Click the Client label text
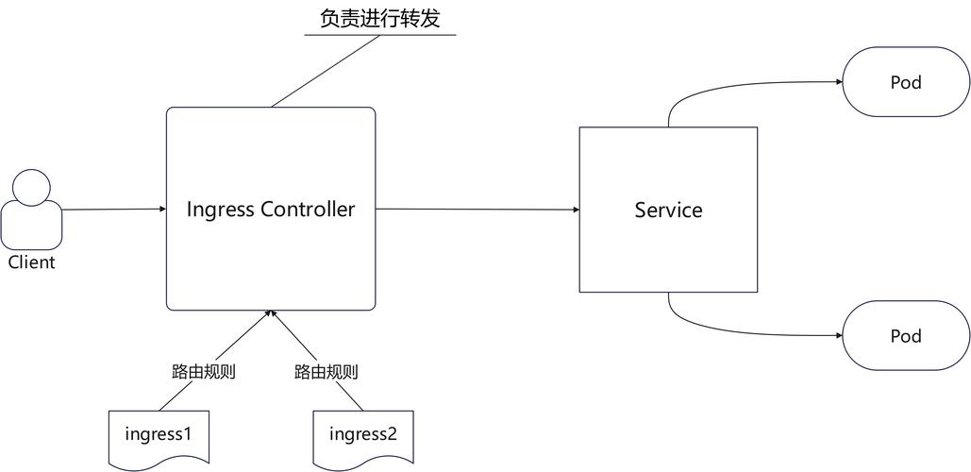pyautogui.click(x=31, y=262)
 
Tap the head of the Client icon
pyautogui.click(x=31, y=188)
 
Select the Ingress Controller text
pyautogui.click(x=270, y=209)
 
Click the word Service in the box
pyautogui.click(x=668, y=210)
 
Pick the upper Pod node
pyautogui.click(x=906, y=83)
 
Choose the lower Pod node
pyautogui.click(x=906, y=336)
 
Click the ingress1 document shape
pyautogui.click(x=158, y=435)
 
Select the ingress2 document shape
pyautogui.click(x=363, y=435)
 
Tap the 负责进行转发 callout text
pyautogui.click(x=379, y=19)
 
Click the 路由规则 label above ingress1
pyautogui.click(x=203, y=371)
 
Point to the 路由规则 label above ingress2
pyautogui.click(x=326, y=371)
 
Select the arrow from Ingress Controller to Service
pyautogui.click(x=477, y=210)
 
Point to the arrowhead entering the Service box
pyautogui.click(x=575, y=210)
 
